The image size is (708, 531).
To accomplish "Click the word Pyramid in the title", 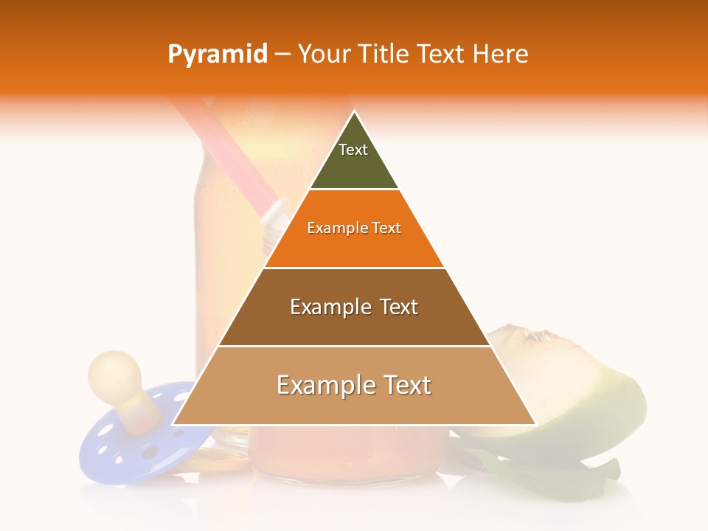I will click(217, 55).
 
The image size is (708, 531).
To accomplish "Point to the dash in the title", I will click(282, 55).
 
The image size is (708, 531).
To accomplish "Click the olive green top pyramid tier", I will click(354, 166).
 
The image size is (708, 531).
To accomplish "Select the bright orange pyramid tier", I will click(354, 247).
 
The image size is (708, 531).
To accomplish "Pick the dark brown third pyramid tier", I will click(354, 324).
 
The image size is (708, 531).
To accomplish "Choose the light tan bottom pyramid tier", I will click(354, 406).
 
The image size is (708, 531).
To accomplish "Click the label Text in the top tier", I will click(353, 150).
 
